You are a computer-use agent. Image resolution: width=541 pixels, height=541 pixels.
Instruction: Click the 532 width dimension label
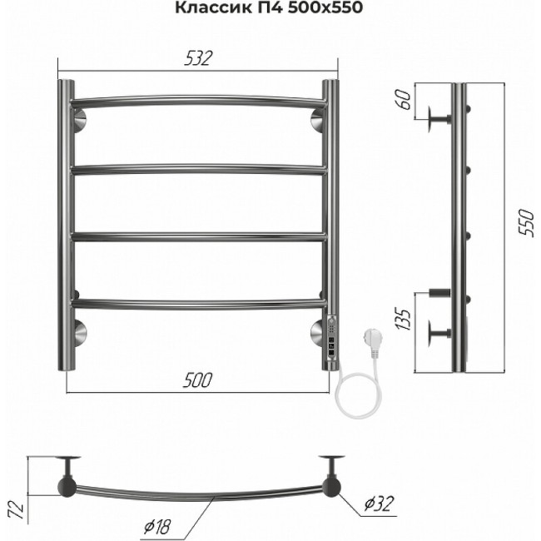pyautogui.click(x=197, y=58)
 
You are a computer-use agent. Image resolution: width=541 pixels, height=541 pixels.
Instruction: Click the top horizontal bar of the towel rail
pyautogui.click(x=197, y=102)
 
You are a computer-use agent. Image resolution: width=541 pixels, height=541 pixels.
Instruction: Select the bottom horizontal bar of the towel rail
pyautogui.click(x=197, y=303)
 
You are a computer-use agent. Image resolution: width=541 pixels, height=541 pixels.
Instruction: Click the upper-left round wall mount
pyautogui.click(x=78, y=122)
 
